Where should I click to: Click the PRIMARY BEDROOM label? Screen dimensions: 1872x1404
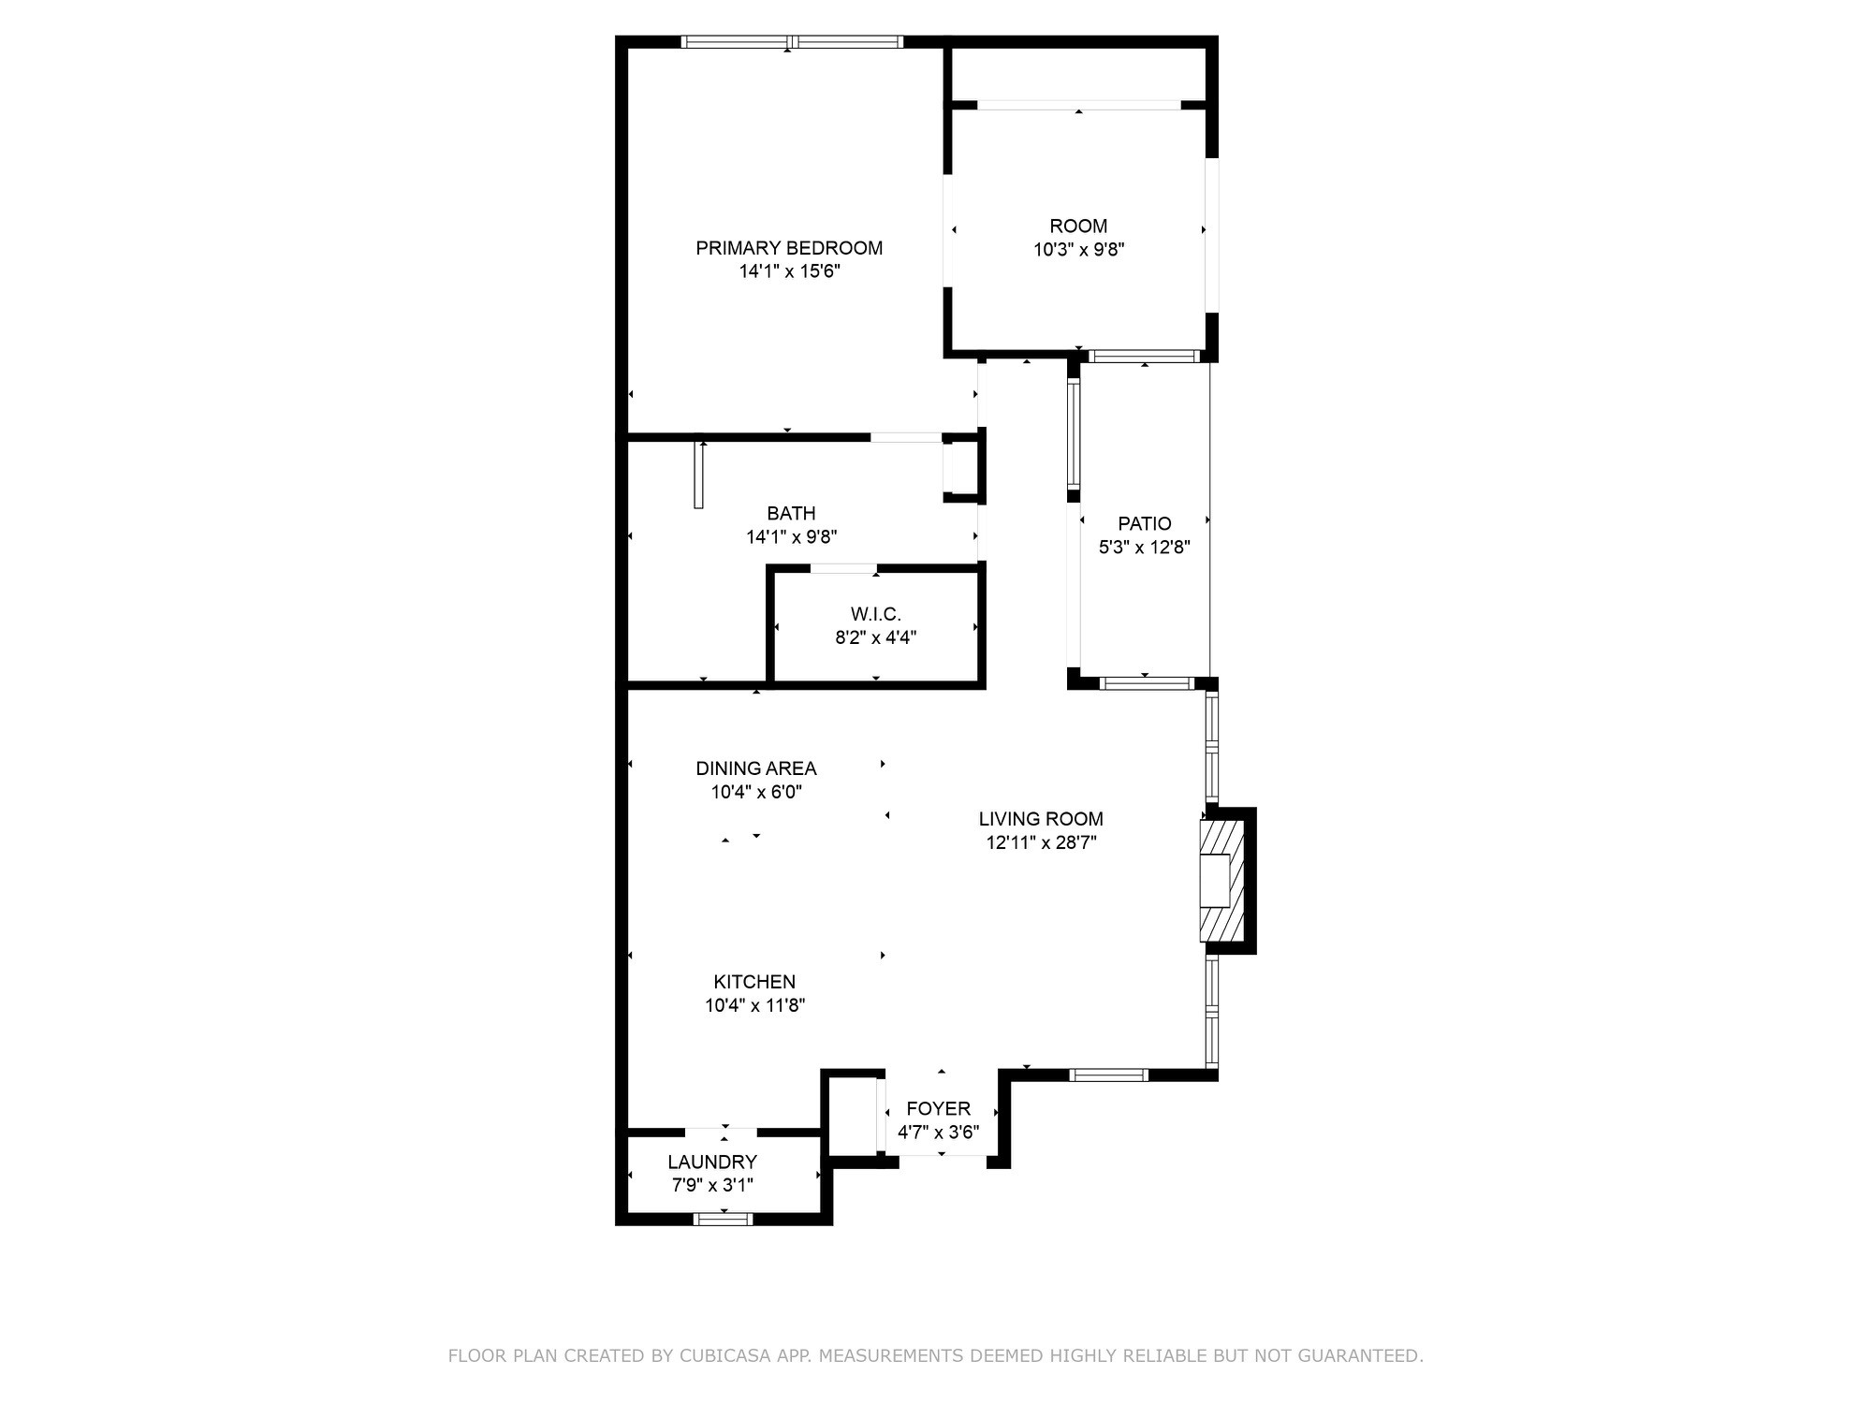789,248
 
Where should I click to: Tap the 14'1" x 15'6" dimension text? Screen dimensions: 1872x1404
790,271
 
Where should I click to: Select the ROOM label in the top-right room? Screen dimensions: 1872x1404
1078,226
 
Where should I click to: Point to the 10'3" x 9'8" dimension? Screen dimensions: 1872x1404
1078,250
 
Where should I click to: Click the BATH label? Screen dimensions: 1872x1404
791,513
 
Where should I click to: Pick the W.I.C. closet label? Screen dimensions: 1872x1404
875,614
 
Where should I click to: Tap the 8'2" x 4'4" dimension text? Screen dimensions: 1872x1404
875,637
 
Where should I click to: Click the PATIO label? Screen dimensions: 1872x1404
1144,523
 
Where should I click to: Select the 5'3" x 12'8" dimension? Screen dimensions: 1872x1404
1144,548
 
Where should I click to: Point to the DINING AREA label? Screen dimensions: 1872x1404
756,768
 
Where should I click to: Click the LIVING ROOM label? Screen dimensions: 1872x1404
1041,819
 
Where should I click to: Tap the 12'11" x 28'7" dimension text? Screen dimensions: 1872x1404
1041,842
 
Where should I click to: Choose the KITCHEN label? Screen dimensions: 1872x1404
754,982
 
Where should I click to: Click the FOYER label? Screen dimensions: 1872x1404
938,1109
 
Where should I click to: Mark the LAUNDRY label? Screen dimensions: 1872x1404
712,1162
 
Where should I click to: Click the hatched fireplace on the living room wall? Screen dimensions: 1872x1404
1222,880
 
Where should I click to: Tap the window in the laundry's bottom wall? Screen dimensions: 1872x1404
723,1218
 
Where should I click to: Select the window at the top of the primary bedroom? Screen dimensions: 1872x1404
792,41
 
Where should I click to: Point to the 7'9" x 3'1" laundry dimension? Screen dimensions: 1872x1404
712,1185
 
